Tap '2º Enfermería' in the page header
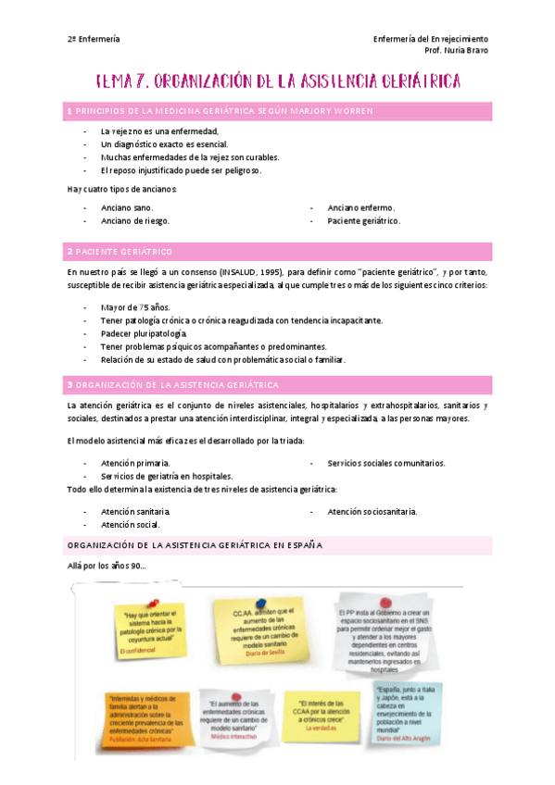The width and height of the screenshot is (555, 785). tap(94, 39)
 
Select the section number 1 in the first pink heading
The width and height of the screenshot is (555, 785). tap(69, 111)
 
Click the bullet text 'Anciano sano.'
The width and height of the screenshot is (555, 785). tap(127, 208)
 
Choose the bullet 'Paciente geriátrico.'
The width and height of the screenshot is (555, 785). tap(364, 221)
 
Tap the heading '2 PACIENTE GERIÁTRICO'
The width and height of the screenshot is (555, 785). tap(120, 252)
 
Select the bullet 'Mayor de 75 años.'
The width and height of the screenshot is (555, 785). tap(135, 307)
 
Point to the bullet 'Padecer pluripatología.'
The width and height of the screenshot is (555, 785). tap(144, 333)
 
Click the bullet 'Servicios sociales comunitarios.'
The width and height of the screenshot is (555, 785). tap(386, 463)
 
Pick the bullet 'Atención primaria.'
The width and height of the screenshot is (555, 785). tap(135, 463)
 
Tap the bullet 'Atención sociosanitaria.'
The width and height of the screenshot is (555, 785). tap(372, 511)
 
